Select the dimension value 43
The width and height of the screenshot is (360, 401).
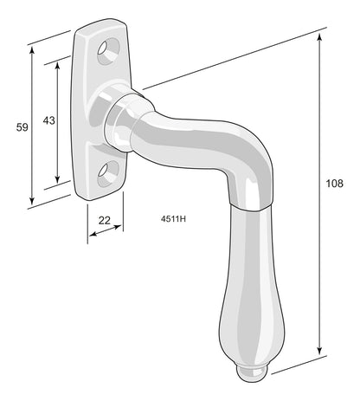[49, 120]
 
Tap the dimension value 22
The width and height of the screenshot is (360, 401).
[105, 221]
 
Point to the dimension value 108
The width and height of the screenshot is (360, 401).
[335, 184]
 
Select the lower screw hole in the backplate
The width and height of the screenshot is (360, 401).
[106, 173]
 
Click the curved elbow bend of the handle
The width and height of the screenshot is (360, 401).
[221, 147]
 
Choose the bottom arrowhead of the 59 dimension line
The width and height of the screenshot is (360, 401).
[34, 197]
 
